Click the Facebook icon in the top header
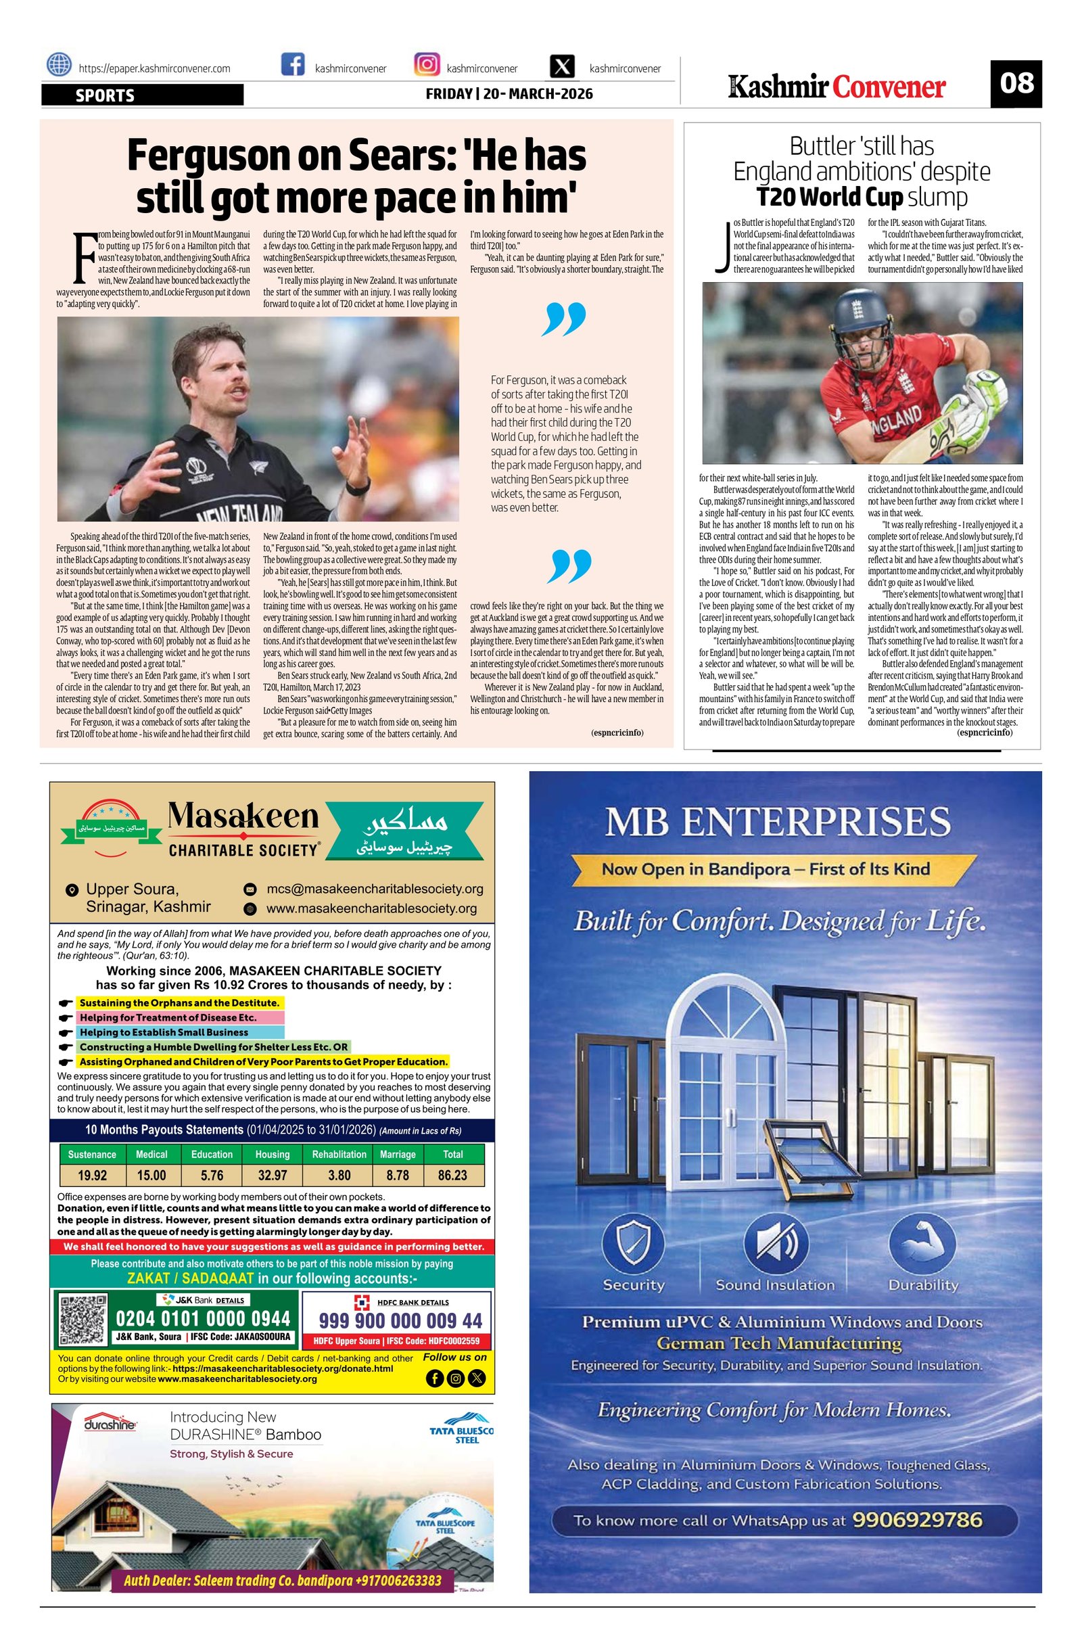(293, 65)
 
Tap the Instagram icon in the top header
(427, 65)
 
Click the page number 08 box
(1015, 84)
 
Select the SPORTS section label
(105, 95)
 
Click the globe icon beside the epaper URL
(59, 65)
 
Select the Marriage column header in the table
(398, 1155)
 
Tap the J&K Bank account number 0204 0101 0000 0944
(203, 1318)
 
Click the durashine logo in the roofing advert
(110, 1426)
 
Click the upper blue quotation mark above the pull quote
(564, 319)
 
